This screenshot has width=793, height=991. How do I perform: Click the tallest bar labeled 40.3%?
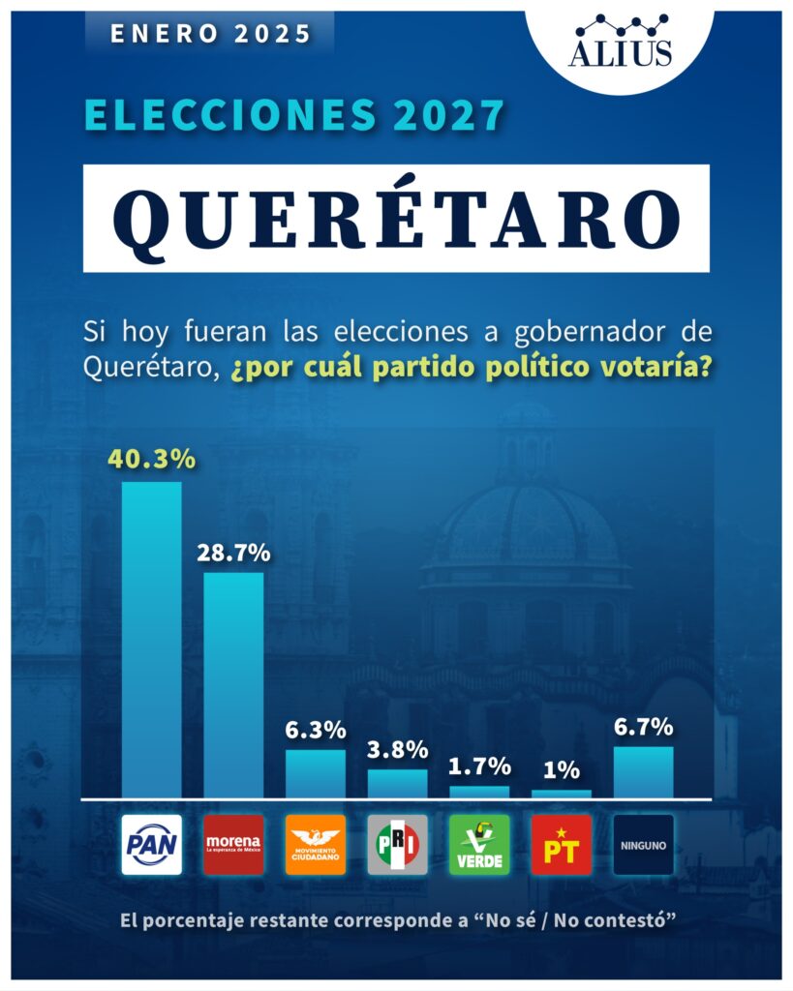(x=151, y=639)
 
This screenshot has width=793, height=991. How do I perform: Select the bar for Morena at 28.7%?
(x=233, y=685)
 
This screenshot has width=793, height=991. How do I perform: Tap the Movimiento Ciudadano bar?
(x=315, y=774)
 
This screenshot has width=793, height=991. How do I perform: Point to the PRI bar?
(x=397, y=784)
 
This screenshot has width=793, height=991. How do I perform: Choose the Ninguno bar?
(x=644, y=772)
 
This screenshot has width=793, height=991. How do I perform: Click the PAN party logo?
(x=151, y=845)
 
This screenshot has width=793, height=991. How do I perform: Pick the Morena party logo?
(x=233, y=845)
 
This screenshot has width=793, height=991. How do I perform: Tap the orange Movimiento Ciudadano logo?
(x=315, y=845)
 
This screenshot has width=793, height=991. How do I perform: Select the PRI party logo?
(x=397, y=845)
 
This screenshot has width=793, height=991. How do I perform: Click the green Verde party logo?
(x=479, y=845)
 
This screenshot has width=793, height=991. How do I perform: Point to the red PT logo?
(x=562, y=845)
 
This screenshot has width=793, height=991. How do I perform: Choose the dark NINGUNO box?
(x=644, y=845)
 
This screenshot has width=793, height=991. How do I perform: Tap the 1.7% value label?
(x=479, y=767)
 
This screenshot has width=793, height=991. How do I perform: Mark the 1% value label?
(x=562, y=771)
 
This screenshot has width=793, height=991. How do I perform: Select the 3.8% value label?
(x=397, y=750)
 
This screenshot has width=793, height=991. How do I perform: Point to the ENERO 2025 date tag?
(x=210, y=34)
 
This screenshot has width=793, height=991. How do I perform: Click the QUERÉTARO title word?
(x=396, y=218)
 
